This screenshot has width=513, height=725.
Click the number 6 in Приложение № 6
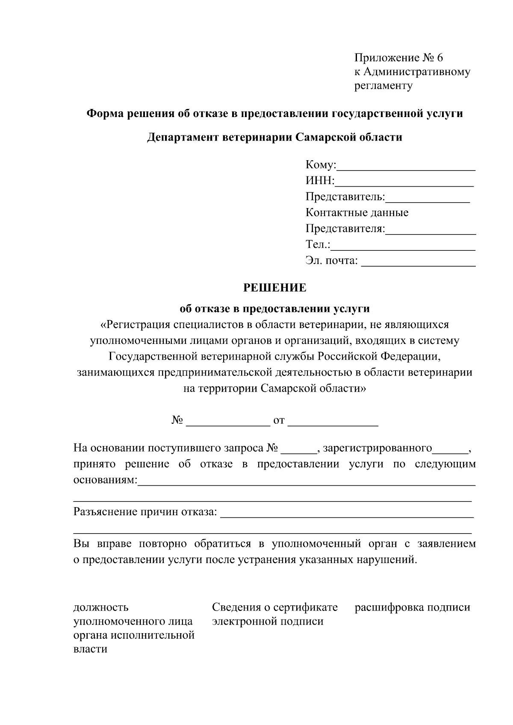click(440, 58)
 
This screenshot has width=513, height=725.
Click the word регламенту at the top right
click(383, 85)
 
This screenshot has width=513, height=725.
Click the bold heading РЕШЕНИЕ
click(275, 288)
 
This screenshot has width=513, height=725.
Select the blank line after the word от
click(333, 425)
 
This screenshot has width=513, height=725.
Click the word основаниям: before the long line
click(105, 480)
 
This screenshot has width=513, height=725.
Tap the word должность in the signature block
click(101, 607)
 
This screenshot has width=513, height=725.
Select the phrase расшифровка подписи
click(412, 607)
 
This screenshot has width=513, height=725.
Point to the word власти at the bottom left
click(90, 649)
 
